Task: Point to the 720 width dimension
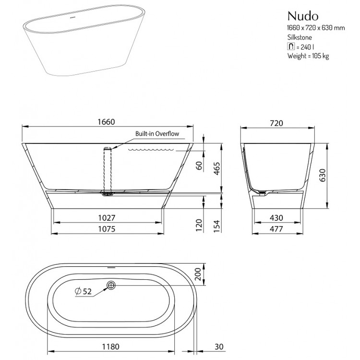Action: click(x=276, y=123)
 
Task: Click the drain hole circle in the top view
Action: click(x=111, y=286)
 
